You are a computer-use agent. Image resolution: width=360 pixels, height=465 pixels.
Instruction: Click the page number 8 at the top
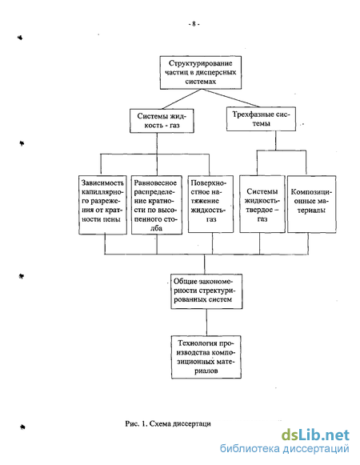pos(194,24)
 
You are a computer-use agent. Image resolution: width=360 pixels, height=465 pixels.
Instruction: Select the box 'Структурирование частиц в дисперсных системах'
pos(201,72)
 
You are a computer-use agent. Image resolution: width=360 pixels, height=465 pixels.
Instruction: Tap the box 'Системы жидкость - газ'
pos(162,121)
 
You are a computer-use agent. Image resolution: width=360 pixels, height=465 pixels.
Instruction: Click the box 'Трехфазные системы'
pos(261,119)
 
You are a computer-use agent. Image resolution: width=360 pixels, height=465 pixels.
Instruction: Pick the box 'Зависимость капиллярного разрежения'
pos(102,205)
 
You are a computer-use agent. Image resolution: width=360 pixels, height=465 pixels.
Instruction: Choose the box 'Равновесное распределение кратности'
pos(157,205)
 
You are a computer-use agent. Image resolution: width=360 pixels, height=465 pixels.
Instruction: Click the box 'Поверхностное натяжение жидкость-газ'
pos(210,204)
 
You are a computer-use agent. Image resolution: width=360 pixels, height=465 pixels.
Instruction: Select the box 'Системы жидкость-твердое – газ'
pos(262,204)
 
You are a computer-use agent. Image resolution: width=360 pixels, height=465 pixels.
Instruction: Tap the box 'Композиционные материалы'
pos(312,204)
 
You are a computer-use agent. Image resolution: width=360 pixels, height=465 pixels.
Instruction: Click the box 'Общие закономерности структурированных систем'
pos(206,291)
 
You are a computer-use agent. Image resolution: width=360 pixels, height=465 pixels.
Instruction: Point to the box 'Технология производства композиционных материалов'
pos(206,357)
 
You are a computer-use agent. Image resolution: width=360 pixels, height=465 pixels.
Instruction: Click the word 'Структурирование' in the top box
pos(201,63)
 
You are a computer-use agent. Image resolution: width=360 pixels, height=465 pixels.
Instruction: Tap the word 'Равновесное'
pos(155,182)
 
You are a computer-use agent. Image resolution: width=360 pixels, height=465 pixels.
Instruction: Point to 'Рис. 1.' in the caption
pos(137,423)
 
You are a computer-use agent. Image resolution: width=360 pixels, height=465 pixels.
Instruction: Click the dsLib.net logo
pos(315,435)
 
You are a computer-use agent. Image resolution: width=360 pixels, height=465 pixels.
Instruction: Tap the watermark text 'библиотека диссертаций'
pos(284,449)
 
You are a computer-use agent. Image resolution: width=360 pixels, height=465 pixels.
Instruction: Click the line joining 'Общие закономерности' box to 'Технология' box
pos(206,323)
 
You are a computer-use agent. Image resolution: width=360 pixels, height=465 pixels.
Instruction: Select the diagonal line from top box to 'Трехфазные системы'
pos(230,98)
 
